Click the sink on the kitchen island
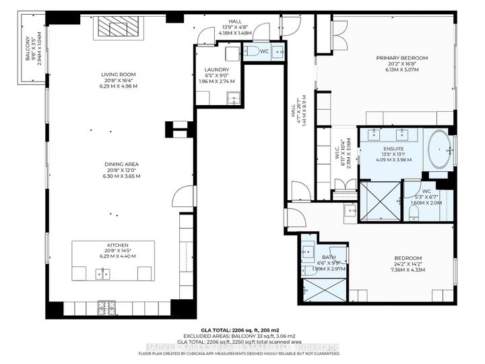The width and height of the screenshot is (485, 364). pos(104,273)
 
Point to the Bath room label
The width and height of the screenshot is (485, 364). pos(328,257)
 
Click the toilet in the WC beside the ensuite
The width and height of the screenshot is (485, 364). pos(414,211)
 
